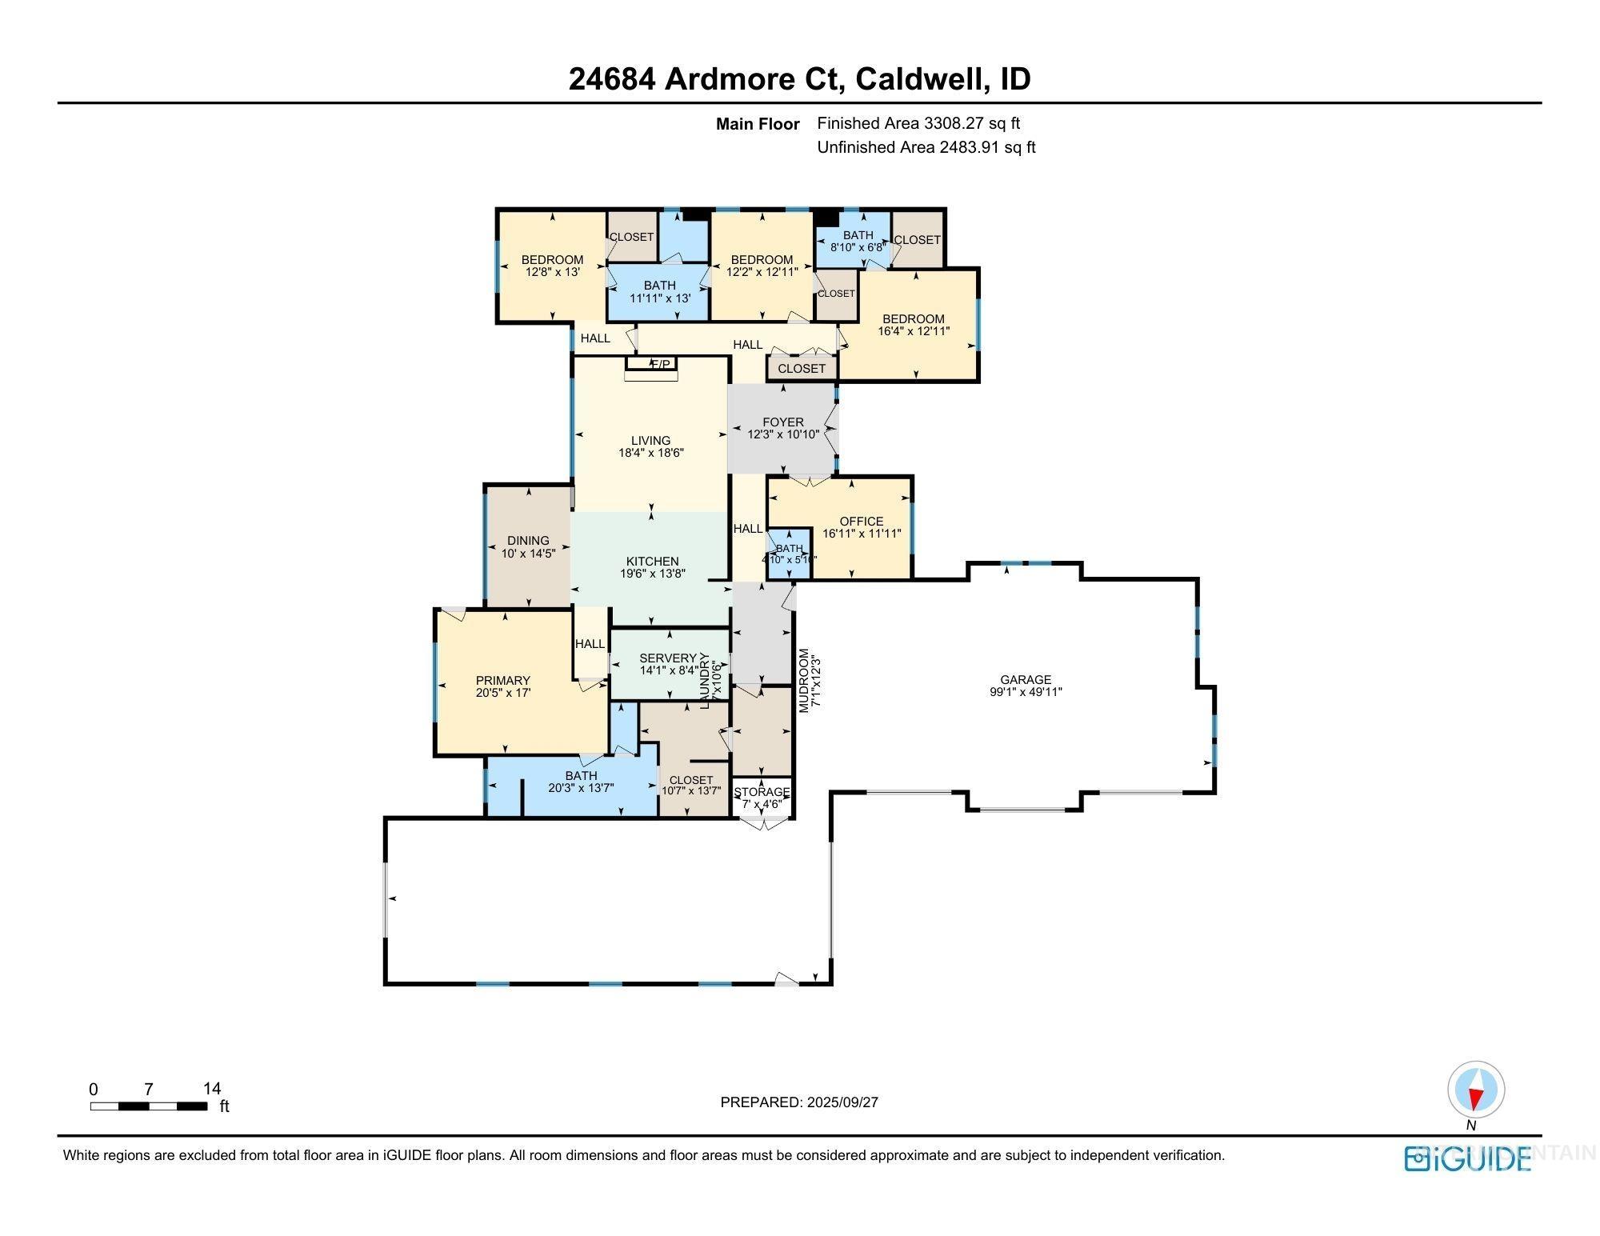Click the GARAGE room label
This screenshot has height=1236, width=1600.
tap(1025, 680)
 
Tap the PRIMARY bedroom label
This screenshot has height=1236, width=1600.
tap(502, 681)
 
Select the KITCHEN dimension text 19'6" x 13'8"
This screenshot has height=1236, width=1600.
tap(652, 574)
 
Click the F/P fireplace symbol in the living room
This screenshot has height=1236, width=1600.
tap(660, 365)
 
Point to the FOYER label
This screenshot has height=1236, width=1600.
tap(782, 422)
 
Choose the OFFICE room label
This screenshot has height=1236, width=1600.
tap(861, 521)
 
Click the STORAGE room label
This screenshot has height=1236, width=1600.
tap(762, 792)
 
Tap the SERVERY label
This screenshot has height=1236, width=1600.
tap(668, 658)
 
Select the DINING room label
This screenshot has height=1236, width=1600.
tap(528, 541)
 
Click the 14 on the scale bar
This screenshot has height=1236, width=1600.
tap(212, 1089)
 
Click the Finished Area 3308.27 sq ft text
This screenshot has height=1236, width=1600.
tap(918, 123)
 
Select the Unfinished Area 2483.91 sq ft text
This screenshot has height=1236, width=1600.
tap(926, 147)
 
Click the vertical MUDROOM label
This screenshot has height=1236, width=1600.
tap(804, 680)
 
